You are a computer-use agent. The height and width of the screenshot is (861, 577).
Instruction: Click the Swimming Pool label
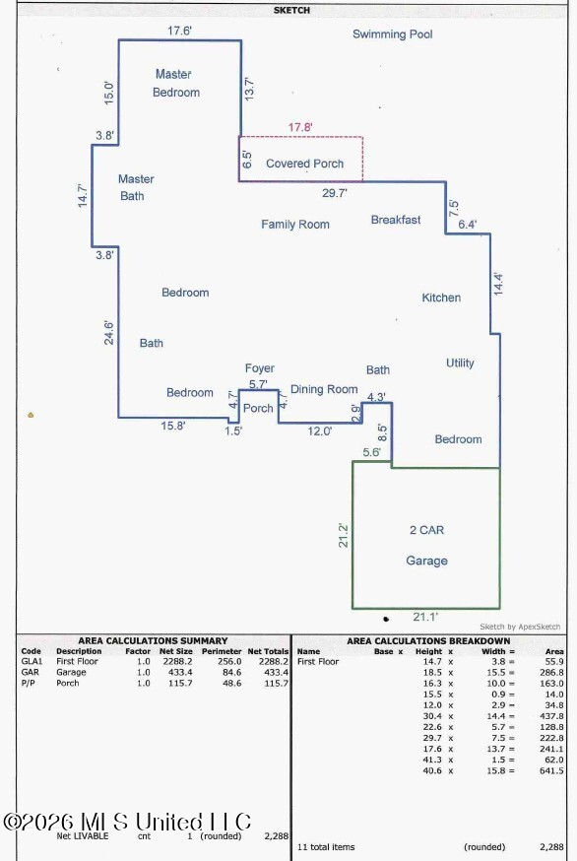tap(392, 34)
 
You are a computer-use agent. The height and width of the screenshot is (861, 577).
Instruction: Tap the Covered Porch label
tap(304, 164)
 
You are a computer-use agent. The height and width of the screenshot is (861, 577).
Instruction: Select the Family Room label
tap(295, 225)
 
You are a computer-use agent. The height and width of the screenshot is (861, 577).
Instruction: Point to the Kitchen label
tap(441, 298)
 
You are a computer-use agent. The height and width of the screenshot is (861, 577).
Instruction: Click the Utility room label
tap(460, 363)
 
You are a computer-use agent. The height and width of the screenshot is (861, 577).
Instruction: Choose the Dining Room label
tap(324, 389)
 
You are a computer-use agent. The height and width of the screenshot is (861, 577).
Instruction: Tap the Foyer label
tap(260, 368)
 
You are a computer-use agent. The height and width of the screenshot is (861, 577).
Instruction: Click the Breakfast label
tap(396, 220)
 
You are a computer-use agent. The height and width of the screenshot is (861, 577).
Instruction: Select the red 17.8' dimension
tap(300, 127)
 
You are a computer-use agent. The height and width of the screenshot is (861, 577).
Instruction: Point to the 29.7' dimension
tap(335, 193)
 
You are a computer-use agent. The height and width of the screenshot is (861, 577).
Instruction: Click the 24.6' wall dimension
tap(109, 333)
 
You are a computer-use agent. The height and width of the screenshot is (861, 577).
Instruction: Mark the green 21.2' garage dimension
tap(343, 535)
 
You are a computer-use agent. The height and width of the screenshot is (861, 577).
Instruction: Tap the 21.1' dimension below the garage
tap(425, 618)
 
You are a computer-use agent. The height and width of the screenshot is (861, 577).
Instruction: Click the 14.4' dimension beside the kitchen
tap(498, 284)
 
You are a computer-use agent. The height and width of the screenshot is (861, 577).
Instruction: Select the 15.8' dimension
tap(173, 426)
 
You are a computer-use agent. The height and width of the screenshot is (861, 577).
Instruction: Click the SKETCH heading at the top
tap(291, 10)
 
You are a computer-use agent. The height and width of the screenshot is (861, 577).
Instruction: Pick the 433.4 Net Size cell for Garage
tap(177, 672)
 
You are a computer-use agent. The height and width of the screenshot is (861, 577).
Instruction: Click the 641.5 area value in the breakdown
tap(551, 771)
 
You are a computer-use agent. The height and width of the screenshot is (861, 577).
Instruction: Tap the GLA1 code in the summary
tap(32, 662)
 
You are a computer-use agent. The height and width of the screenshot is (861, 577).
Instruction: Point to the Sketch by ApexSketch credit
tap(520, 627)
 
